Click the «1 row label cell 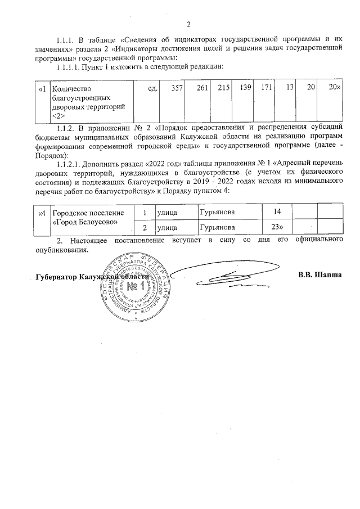tap(42, 89)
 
